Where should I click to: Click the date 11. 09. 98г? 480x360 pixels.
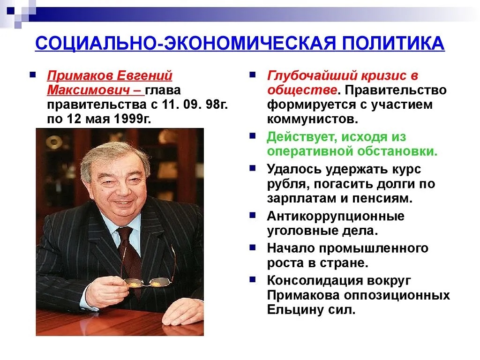195,105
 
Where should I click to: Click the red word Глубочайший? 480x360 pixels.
312,75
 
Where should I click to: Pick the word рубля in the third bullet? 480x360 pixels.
288,184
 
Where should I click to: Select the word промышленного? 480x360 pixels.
374,248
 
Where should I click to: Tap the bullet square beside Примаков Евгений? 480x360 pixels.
32,75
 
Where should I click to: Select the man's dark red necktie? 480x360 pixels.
131,257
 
